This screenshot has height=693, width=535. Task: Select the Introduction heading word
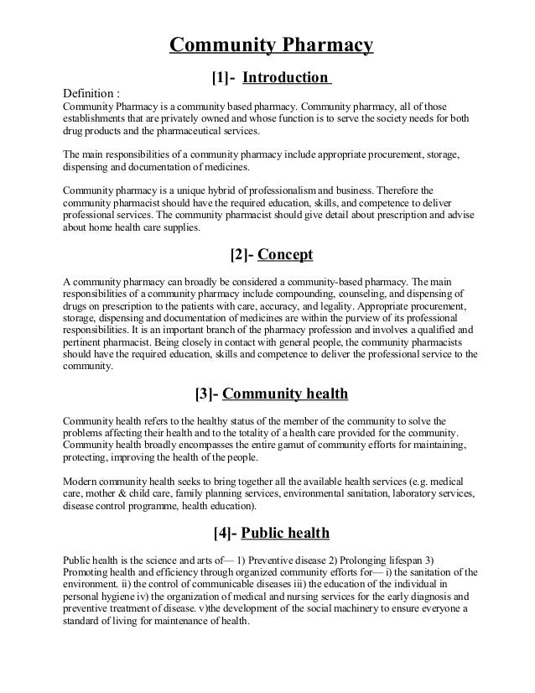[x=286, y=78]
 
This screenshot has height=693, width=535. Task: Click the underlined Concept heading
[x=291, y=254]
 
